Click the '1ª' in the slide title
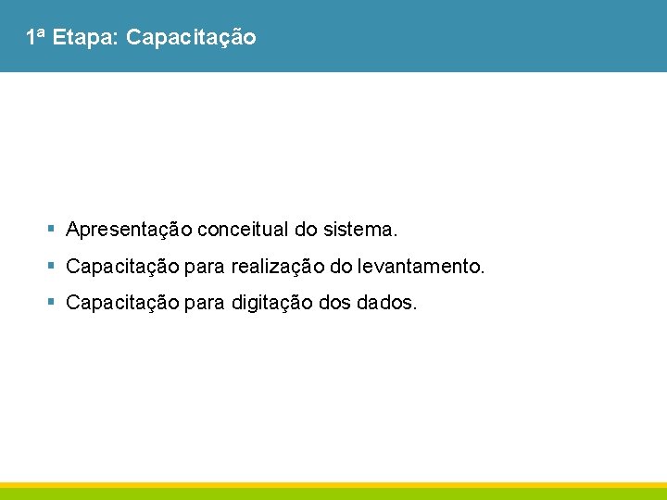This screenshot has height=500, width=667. coord(35,38)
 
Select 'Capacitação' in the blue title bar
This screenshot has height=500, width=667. coord(190,38)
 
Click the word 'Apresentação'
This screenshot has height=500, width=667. coord(129,229)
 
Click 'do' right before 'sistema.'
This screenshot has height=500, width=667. coord(306,229)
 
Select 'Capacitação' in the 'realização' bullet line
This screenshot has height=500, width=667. coord(123,268)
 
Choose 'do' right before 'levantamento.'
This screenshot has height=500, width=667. coord(341,268)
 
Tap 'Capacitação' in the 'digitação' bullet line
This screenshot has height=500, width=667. coord(123,303)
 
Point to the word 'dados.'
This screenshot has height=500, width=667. coord(386,303)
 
